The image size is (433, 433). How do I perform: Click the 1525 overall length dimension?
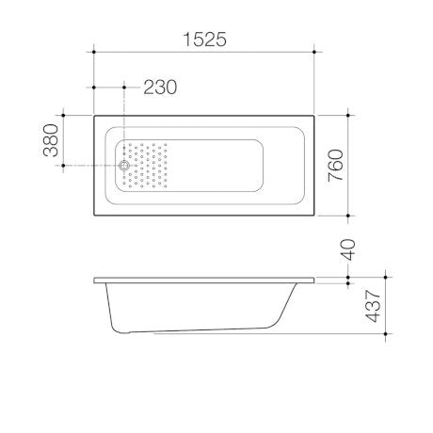point(203,39)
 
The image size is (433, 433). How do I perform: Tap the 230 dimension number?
point(160,87)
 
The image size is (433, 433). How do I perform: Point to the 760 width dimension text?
point(336,166)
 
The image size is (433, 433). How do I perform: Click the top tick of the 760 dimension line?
point(349,115)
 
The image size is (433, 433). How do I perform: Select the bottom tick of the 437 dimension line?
point(385,333)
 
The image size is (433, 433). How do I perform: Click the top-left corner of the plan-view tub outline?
point(94,116)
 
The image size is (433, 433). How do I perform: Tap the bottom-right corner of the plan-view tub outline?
point(314,216)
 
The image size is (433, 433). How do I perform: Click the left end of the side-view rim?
point(94,280)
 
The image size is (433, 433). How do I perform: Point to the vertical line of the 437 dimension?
point(385,306)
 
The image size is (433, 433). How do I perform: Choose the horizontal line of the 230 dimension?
point(109,87)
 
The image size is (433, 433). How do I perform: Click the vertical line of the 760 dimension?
point(349,166)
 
